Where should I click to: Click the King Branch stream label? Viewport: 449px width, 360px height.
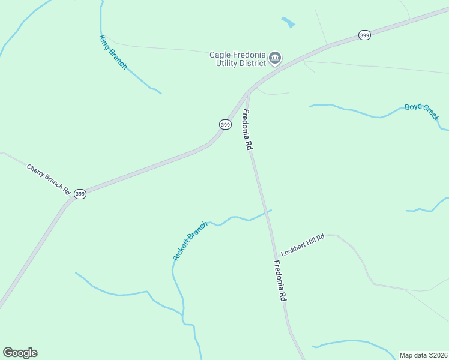pyautogui.click(x=113, y=52)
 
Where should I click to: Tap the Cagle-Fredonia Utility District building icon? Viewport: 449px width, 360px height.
pyautogui.click(x=275, y=58)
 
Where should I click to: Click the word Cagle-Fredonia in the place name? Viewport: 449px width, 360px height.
pyautogui.click(x=237, y=55)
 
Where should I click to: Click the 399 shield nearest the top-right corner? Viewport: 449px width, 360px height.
pyautogui.click(x=364, y=35)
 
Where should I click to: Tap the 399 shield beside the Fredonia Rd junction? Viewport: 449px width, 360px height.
pyautogui.click(x=224, y=125)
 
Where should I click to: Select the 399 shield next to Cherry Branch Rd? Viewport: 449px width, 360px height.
pyautogui.click(x=80, y=194)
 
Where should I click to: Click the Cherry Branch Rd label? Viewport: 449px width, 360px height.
pyautogui.click(x=49, y=179)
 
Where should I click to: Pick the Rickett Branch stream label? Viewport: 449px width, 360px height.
pyautogui.click(x=190, y=241)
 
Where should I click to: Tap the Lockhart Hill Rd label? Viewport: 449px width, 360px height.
pyautogui.click(x=303, y=245)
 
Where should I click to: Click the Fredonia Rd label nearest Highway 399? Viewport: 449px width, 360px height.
pyautogui.click(x=247, y=131)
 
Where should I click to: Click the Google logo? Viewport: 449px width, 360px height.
pyautogui.click(x=20, y=353)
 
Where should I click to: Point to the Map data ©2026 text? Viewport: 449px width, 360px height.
pyautogui.click(x=423, y=355)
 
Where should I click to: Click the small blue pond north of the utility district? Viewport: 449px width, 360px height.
pyautogui.click(x=289, y=22)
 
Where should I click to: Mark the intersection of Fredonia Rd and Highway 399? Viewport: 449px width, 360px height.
pyautogui.click(x=248, y=92)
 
